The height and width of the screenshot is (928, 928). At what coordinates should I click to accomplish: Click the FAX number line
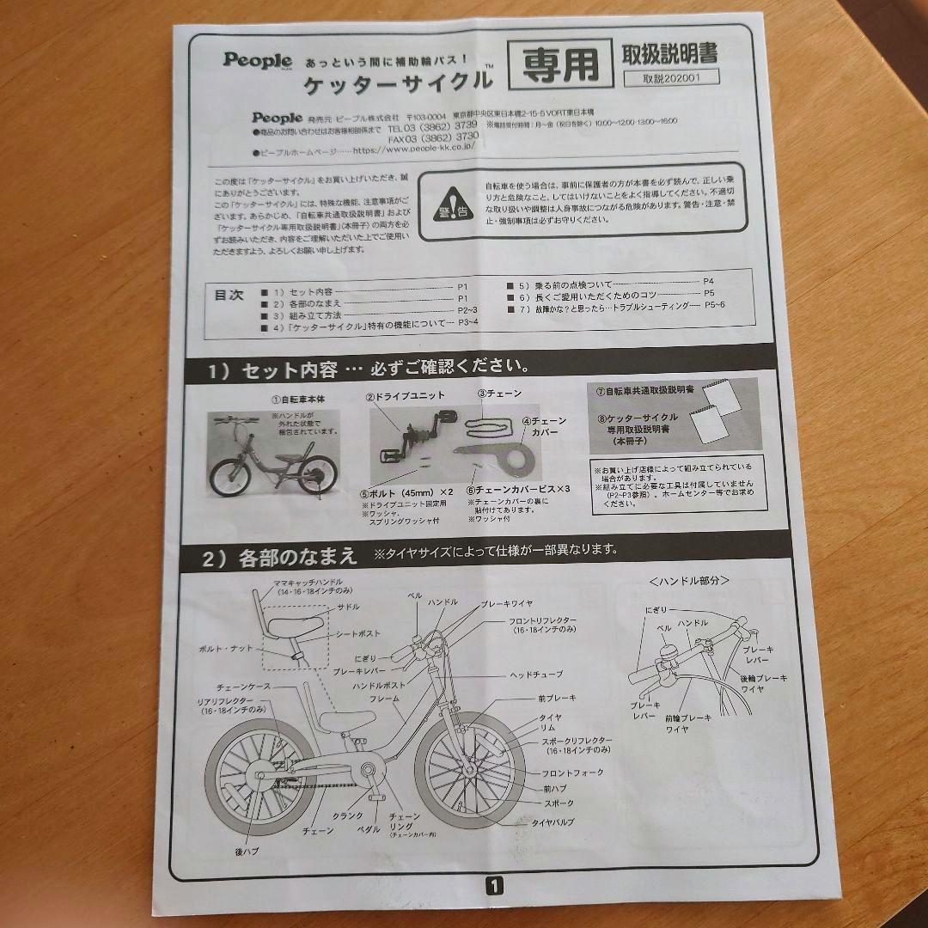click(x=434, y=137)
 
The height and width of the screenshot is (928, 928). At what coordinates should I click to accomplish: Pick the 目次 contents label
click(x=229, y=295)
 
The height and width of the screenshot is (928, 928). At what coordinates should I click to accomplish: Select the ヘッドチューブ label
click(x=536, y=675)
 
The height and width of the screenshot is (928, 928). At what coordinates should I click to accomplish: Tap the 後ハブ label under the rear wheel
click(x=247, y=851)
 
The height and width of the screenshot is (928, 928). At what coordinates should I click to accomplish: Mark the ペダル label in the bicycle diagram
click(x=368, y=829)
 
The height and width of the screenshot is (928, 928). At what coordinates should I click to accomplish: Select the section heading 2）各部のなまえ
click(x=279, y=557)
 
